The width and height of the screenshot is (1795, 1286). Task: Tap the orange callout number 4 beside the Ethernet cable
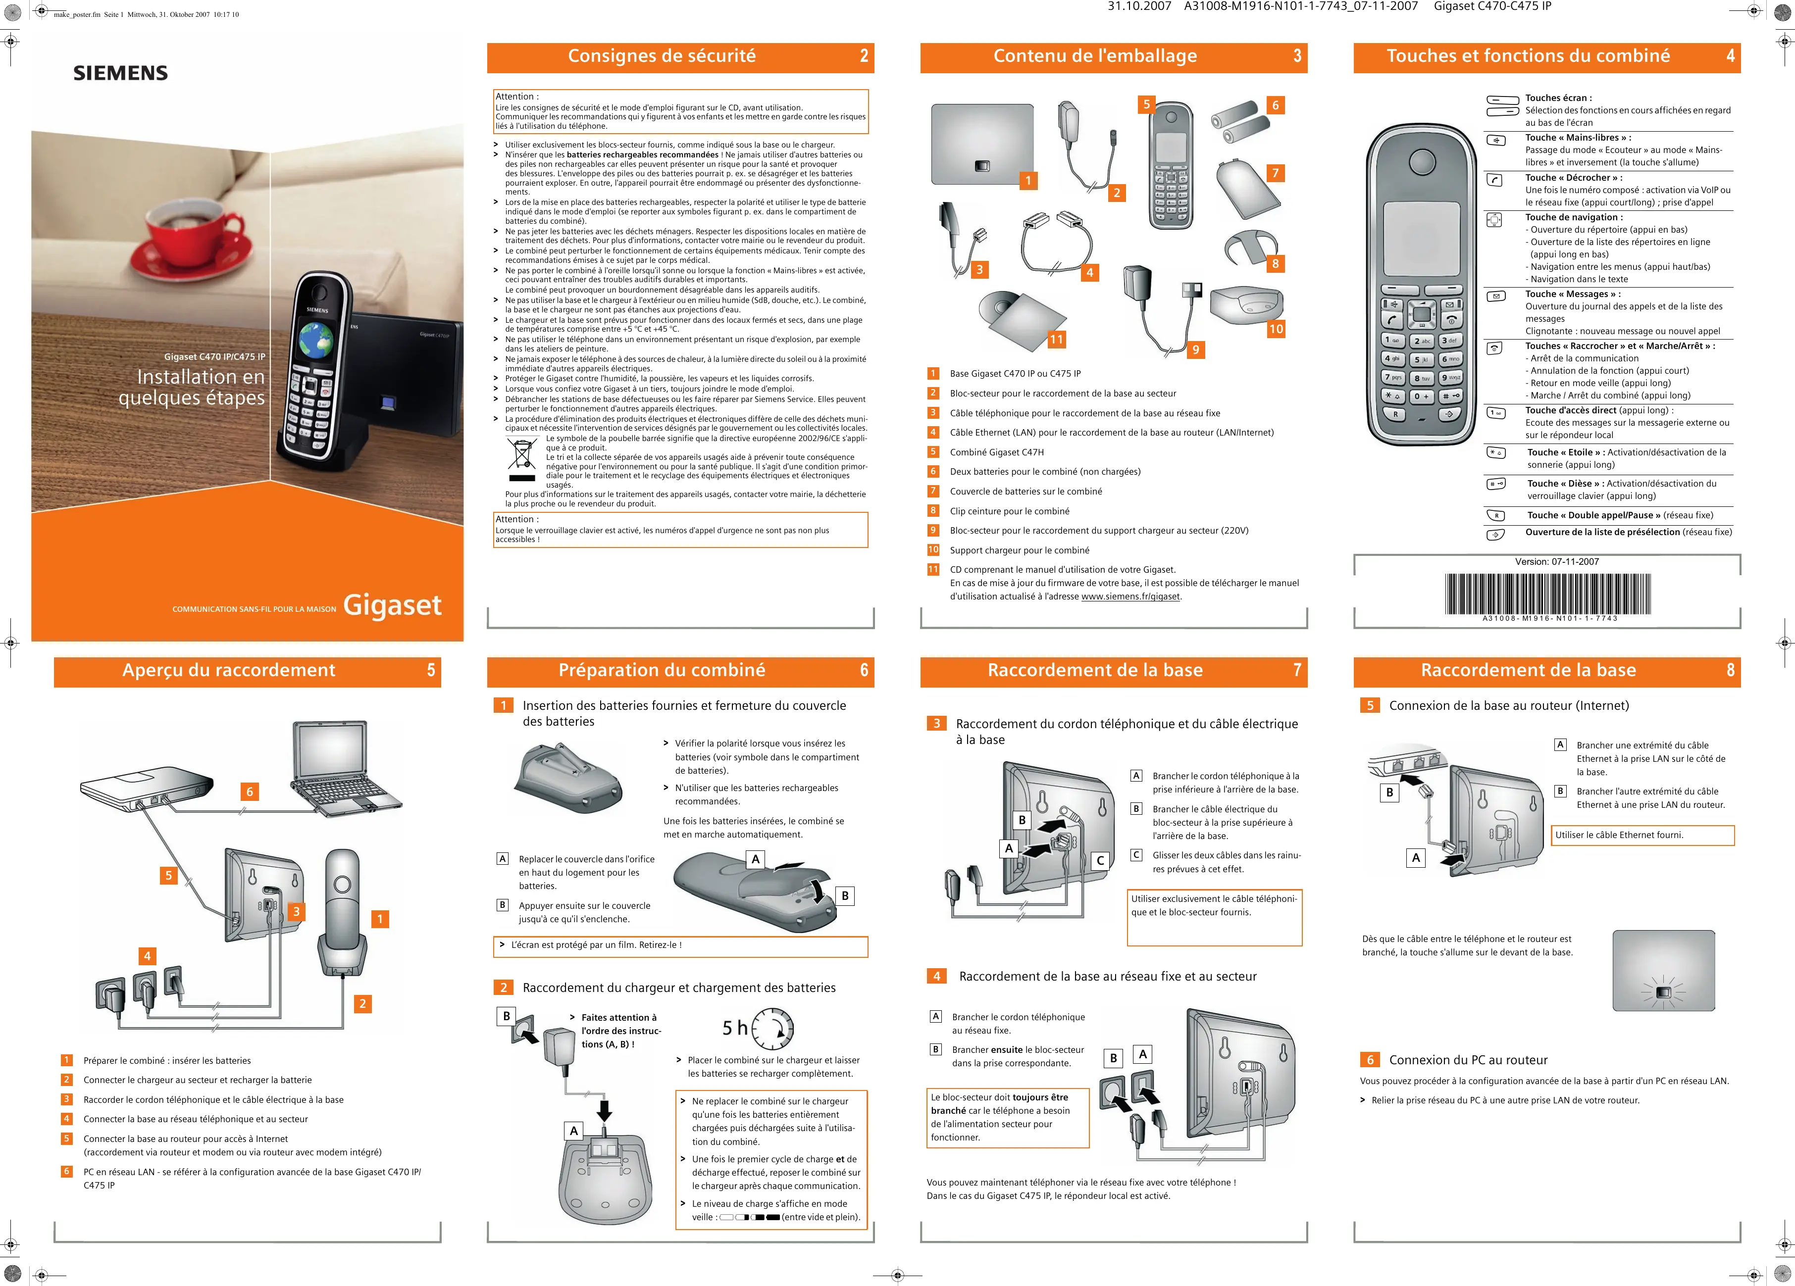1090,272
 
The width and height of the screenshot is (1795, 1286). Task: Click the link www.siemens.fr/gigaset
1130,596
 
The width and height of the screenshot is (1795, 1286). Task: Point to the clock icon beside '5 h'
772,1029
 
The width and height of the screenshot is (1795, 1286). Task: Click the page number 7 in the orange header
1297,670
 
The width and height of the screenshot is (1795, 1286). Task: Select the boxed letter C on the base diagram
1100,860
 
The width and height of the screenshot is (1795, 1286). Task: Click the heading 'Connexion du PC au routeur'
1468,1060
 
